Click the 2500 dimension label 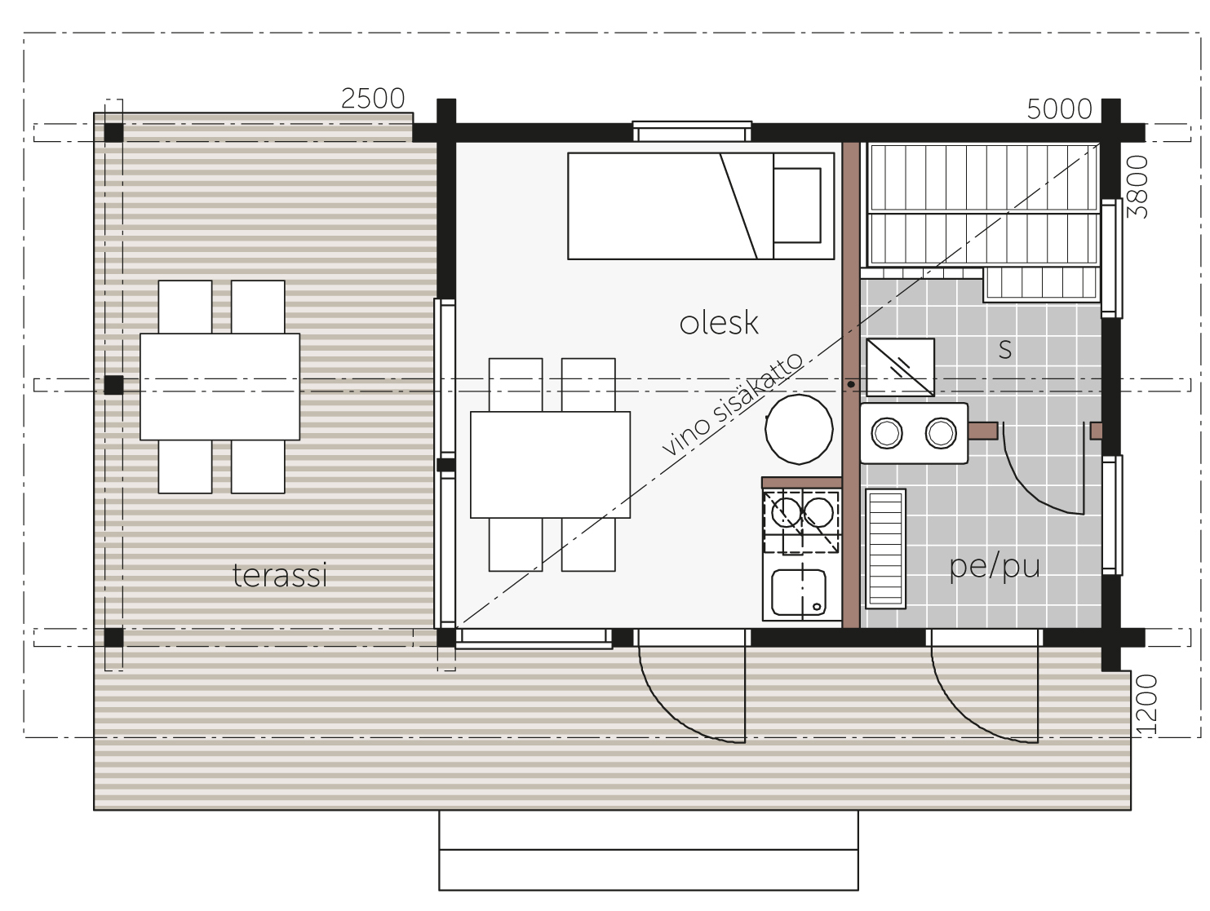(373, 100)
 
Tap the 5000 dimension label (1059, 109)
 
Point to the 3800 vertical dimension (1137, 187)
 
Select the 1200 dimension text (1146, 704)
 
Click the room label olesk (718, 323)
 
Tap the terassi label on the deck (280, 576)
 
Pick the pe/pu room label (994, 567)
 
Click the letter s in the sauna (1005, 350)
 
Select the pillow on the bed (796, 206)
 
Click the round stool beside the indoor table (798, 429)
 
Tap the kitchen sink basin (798, 592)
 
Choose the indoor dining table (550, 464)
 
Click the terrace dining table (219, 386)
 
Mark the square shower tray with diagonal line (900, 367)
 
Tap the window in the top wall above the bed (692, 131)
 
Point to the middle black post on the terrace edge (113, 384)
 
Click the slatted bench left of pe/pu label (884, 549)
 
